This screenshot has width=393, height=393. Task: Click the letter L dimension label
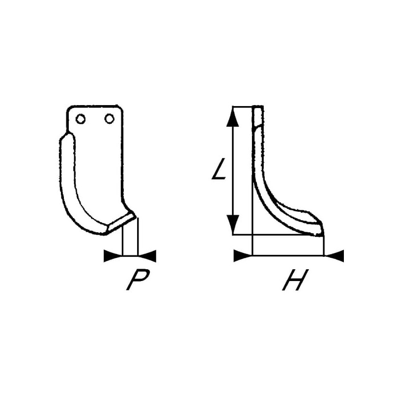point(219,168)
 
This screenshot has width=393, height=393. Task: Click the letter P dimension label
point(138,280)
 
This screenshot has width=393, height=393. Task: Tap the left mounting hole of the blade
point(81,119)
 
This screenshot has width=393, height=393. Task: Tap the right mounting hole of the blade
point(109,118)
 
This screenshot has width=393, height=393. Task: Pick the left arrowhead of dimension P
point(113,255)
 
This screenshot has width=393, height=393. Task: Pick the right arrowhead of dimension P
point(147,256)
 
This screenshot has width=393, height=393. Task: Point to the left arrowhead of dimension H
point(243,255)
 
